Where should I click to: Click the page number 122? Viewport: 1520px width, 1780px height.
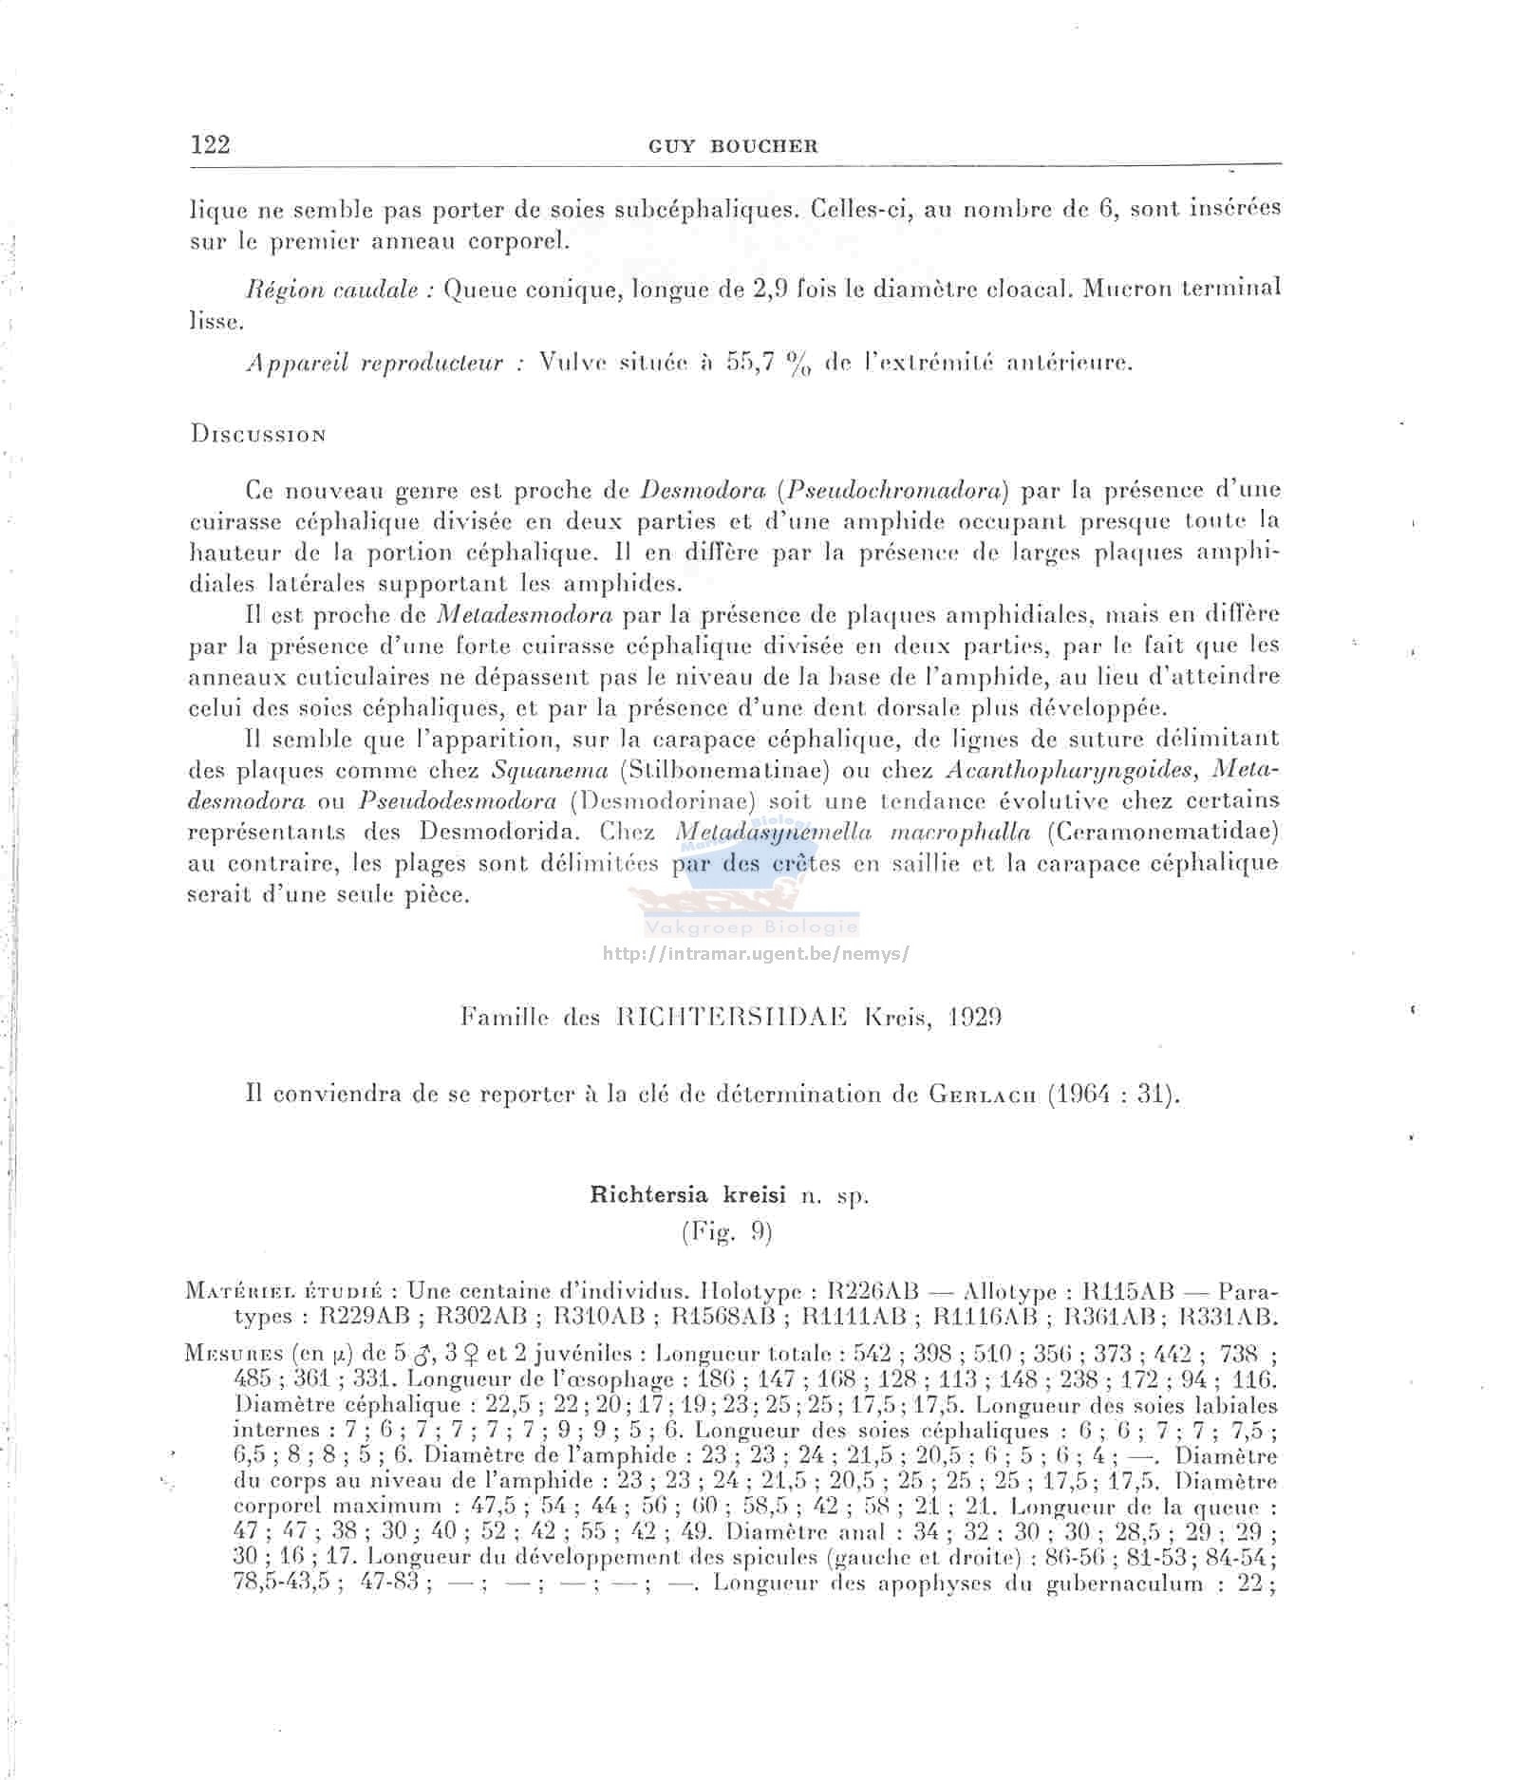[210, 144]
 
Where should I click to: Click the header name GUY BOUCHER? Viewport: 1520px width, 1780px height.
[733, 146]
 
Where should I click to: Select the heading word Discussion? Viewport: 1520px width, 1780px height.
[258, 435]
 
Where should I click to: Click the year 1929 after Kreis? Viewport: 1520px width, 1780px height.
[975, 1018]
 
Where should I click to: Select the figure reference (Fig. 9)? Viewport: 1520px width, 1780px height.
[727, 1232]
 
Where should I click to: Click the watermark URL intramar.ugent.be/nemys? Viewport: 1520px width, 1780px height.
[756, 953]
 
